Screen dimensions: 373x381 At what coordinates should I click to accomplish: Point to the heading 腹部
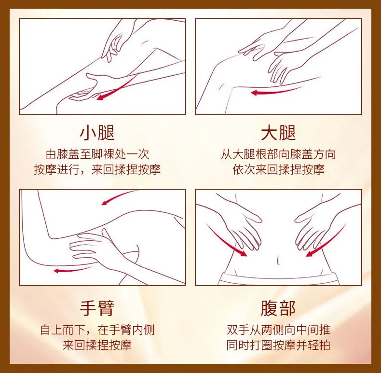(x=278, y=307)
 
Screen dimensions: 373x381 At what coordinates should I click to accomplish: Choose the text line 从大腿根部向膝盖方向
(x=278, y=154)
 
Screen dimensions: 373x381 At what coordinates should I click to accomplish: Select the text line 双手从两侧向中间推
(x=278, y=331)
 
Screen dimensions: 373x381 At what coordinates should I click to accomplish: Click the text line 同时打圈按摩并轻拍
(x=278, y=345)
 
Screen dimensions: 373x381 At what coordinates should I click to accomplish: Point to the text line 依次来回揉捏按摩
(x=278, y=169)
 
